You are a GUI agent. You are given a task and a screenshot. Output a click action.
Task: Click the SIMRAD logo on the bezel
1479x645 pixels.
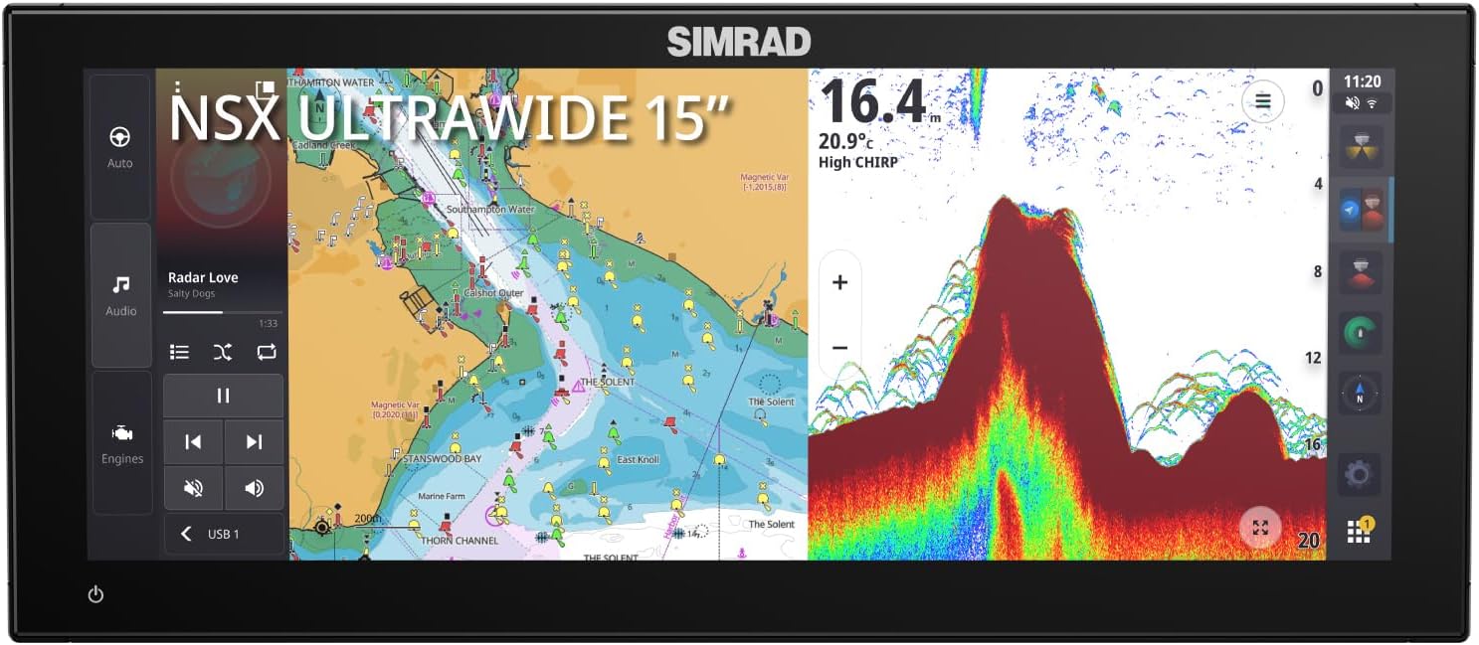pyautogui.click(x=739, y=42)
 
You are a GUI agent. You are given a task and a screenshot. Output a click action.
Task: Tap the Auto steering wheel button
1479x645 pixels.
pyautogui.click(x=120, y=146)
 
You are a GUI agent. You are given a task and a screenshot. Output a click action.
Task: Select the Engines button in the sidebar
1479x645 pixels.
pyautogui.click(x=121, y=442)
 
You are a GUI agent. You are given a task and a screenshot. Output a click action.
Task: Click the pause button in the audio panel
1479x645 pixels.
pyautogui.click(x=223, y=396)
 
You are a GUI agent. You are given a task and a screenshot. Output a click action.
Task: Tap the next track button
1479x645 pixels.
pyautogui.click(x=254, y=442)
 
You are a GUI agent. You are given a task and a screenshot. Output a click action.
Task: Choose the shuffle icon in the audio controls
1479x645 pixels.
pyautogui.click(x=222, y=352)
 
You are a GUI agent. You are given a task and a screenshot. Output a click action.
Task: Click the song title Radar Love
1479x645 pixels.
pyautogui.click(x=203, y=277)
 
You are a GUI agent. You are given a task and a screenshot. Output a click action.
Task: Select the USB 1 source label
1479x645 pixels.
pyautogui.click(x=223, y=534)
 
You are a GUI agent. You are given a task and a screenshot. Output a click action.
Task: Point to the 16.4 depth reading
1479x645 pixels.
pyautogui.click(x=873, y=102)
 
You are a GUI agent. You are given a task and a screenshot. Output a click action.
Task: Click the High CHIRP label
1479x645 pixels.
pyautogui.click(x=857, y=162)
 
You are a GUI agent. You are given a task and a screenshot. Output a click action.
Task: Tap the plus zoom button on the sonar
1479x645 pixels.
pyautogui.click(x=839, y=282)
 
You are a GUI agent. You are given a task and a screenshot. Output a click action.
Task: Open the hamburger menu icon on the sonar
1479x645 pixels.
pyautogui.click(x=1262, y=100)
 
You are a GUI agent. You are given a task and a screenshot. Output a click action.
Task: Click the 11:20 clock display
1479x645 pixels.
pyautogui.click(x=1362, y=81)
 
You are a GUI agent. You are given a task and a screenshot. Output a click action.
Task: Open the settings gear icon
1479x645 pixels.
pyautogui.click(x=1359, y=474)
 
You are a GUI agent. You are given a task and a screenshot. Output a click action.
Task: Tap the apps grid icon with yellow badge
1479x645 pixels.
pyautogui.click(x=1359, y=531)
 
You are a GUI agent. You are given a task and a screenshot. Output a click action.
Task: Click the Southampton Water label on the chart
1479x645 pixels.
pyautogui.click(x=490, y=210)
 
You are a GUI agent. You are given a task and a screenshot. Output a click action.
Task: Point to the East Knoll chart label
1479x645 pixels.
pyautogui.click(x=638, y=459)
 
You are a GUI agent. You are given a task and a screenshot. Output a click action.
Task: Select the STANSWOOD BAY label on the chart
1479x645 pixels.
pyautogui.click(x=442, y=459)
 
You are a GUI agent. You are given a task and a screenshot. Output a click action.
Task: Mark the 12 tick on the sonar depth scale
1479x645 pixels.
pyautogui.click(x=1313, y=358)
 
